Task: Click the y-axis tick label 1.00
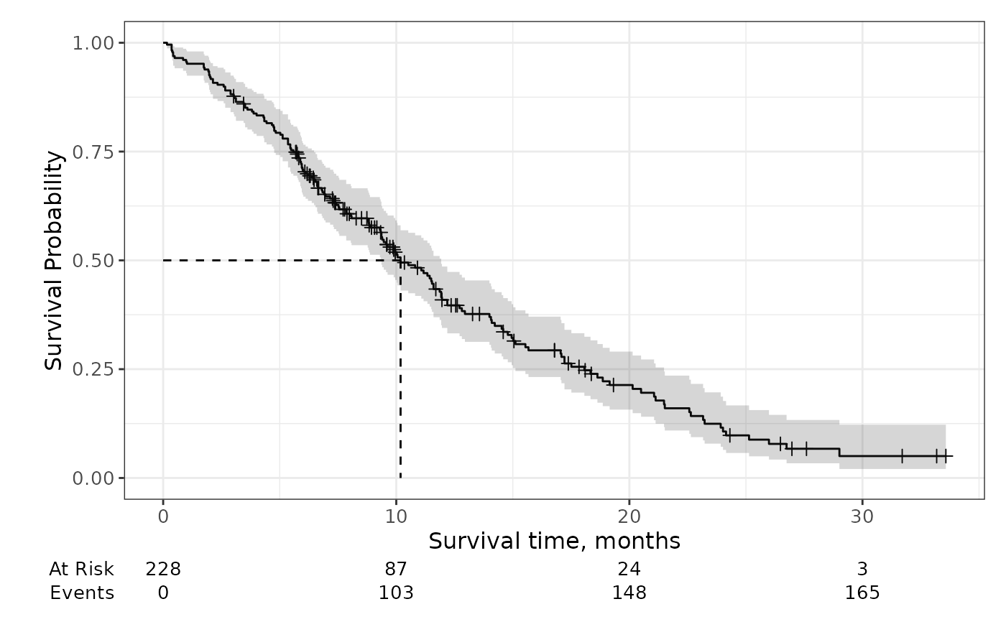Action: coord(93,43)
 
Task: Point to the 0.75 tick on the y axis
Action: coord(93,152)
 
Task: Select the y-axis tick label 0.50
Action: coord(93,260)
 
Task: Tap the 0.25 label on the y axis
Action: coord(93,369)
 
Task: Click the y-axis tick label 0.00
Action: coord(93,478)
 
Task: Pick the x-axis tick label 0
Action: coord(163,517)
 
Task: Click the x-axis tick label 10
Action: coord(396,517)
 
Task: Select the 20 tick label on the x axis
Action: coord(629,517)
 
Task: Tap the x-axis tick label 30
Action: coord(862,517)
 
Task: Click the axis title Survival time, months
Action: coord(554,540)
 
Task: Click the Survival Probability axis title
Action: coord(54,260)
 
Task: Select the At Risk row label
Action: coord(81,569)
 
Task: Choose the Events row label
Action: coord(82,593)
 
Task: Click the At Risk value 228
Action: coord(163,569)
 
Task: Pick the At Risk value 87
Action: coord(396,569)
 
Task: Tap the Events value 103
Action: coord(396,593)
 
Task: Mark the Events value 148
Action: coord(629,593)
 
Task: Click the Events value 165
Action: coord(862,593)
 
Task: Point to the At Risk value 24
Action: coord(629,569)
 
